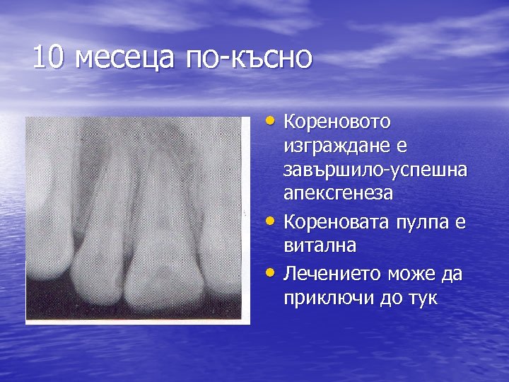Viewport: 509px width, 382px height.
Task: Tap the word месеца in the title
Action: [x=124, y=57]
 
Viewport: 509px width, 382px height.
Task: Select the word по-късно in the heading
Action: [x=248, y=57]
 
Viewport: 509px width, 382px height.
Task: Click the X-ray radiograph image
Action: [x=137, y=220]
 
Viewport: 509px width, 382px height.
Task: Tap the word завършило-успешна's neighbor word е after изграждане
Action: [x=400, y=146]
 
